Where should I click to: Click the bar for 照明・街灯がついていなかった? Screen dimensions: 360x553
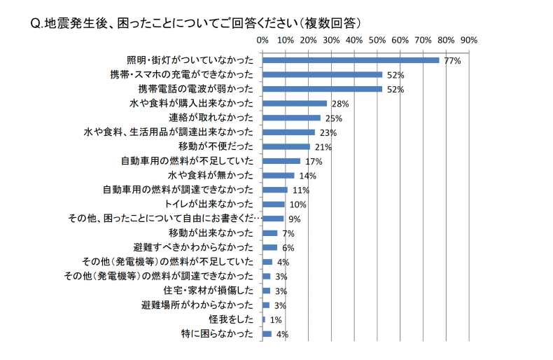click(350, 60)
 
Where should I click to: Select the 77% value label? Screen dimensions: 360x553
click(451, 61)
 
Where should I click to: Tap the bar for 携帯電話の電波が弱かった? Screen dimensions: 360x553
click(322, 89)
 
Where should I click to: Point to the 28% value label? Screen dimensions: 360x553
click(340, 104)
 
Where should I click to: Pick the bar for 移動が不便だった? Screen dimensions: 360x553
click(286, 146)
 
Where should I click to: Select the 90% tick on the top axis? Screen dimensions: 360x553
click(468, 39)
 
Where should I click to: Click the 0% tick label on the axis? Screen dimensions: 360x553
click(263, 39)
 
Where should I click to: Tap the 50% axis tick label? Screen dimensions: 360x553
click(377, 39)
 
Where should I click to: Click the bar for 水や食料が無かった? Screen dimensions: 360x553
click(278, 175)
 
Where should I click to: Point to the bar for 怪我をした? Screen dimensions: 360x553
click(264, 319)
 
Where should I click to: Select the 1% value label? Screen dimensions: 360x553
click(276, 320)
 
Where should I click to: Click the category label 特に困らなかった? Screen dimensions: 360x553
click(217, 334)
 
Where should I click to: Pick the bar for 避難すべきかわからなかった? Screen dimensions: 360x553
click(269, 247)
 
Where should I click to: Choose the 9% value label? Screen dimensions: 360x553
click(294, 219)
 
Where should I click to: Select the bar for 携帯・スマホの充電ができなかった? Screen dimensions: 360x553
click(322, 74)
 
